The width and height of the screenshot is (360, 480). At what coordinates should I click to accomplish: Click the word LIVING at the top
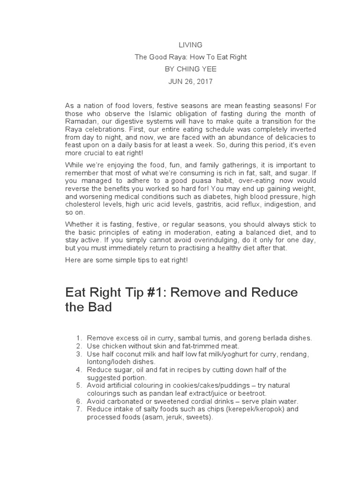190,45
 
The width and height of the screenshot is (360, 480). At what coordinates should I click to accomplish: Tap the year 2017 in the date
204,82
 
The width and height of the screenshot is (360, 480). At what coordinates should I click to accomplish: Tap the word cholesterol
83,205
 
